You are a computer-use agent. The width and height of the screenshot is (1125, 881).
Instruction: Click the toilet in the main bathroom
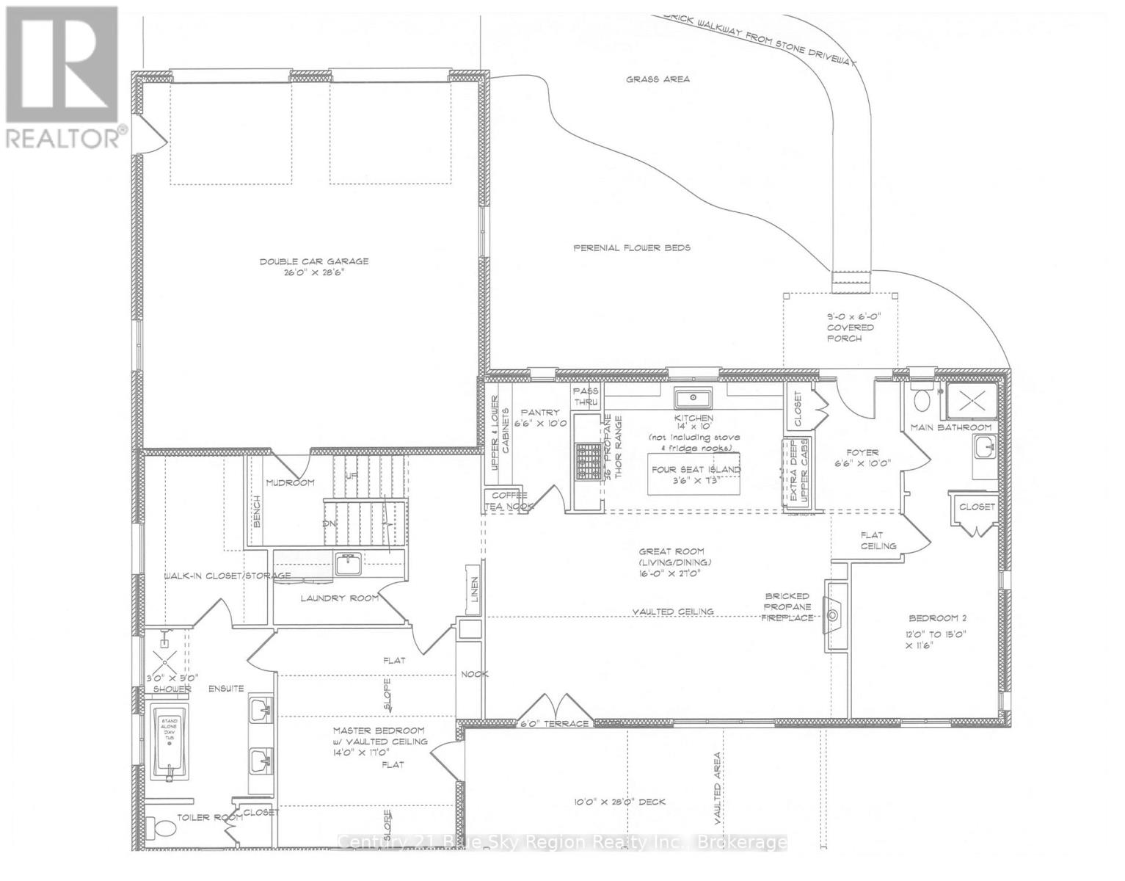click(921, 399)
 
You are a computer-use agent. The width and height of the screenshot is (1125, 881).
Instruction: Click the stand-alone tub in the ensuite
click(170, 742)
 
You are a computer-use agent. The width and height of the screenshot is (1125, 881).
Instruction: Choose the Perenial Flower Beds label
click(631, 248)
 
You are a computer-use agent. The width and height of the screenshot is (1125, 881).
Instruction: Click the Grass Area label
click(657, 79)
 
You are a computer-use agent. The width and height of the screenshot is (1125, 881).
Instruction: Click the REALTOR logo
click(64, 73)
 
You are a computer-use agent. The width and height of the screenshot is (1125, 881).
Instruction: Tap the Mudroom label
click(290, 482)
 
